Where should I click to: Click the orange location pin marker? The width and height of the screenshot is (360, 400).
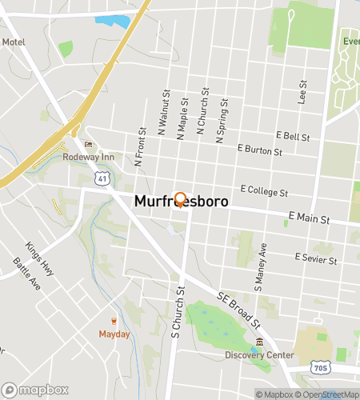[x=180, y=199]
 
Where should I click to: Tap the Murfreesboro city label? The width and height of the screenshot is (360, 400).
[x=182, y=203]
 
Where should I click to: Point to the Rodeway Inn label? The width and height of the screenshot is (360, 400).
[x=89, y=157]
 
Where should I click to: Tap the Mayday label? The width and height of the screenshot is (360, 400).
[x=114, y=334]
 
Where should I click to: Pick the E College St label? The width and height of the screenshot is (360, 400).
[x=263, y=193]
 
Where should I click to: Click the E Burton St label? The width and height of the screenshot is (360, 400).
[x=260, y=150]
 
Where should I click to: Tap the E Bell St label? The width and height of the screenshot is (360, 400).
[x=292, y=137]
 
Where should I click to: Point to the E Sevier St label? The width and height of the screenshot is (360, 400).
[x=315, y=258]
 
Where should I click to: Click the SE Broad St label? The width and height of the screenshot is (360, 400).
[x=239, y=310]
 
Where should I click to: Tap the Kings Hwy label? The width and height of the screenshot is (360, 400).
[x=39, y=258]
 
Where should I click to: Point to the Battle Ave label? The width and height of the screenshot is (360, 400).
[x=24, y=275]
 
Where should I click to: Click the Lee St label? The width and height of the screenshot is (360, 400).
[x=302, y=93]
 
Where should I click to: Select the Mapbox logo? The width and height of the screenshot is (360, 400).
[x=34, y=390]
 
